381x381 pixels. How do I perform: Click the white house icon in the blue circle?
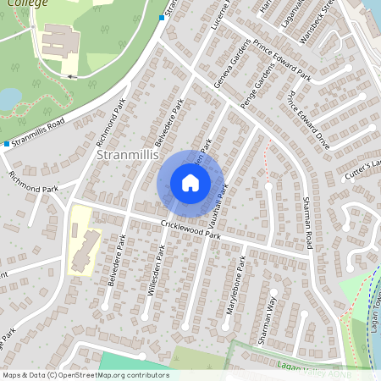pyautogui.click(x=190, y=182)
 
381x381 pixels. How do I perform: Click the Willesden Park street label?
pyautogui.click(x=154, y=273)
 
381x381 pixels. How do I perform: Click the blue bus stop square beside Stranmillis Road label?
pyautogui.click(x=7, y=144)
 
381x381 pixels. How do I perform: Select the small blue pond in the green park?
pyautogui.click(x=7, y=100)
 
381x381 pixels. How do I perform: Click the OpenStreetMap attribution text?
pyautogui.click(x=86, y=375)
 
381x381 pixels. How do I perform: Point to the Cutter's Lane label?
pyautogui.click(x=362, y=174)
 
